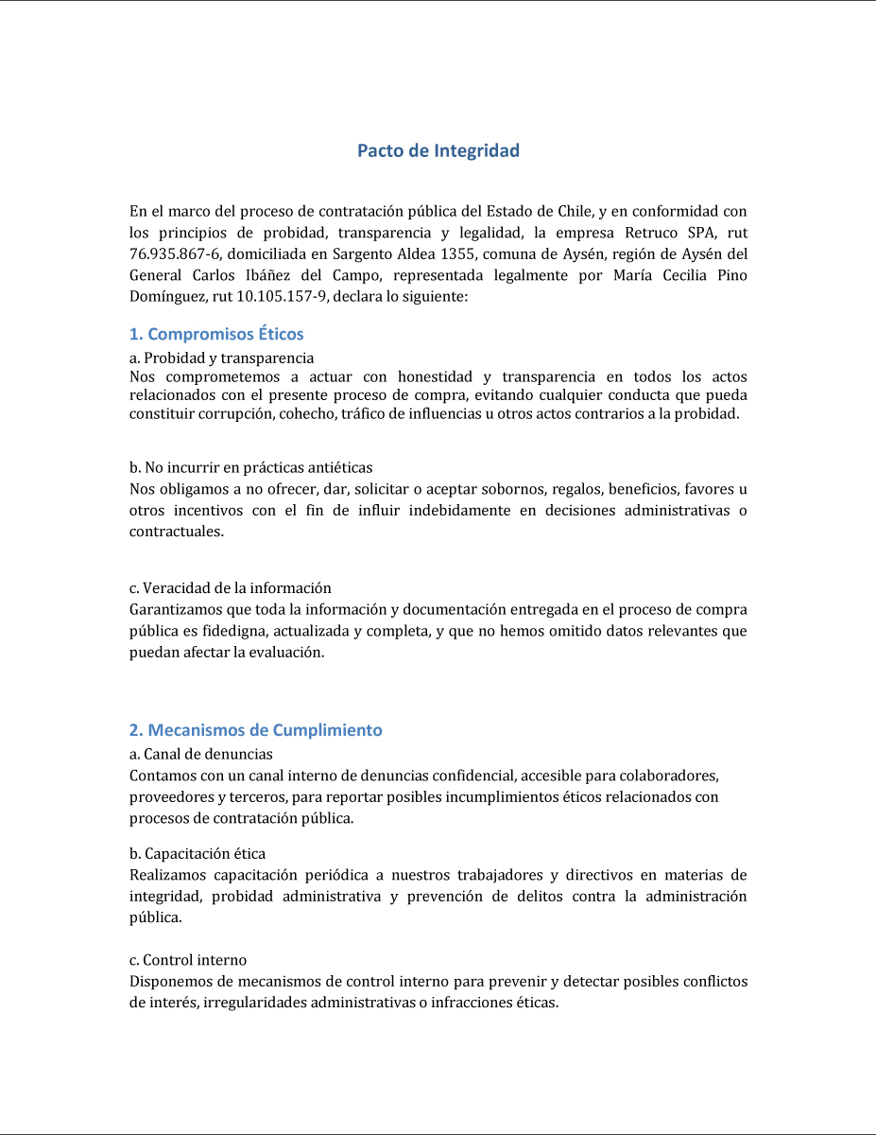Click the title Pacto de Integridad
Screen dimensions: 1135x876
coord(438,150)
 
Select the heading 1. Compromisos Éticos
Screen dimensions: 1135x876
coord(216,334)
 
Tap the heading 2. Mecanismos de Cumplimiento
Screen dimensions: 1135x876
coord(255,730)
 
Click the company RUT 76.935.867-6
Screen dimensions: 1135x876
coord(175,253)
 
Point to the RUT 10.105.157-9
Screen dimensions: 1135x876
coord(281,296)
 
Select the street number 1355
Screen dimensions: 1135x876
coord(456,253)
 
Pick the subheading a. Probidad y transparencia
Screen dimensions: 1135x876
coord(221,358)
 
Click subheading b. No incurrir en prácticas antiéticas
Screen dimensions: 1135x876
coord(250,467)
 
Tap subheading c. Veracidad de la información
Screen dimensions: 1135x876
coord(230,588)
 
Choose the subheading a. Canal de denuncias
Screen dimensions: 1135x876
coord(200,754)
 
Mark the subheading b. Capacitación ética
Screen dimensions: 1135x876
coord(197,853)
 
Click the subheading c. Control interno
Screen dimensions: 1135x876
coord(187,960)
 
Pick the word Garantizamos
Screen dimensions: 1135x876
coord(174,610)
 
